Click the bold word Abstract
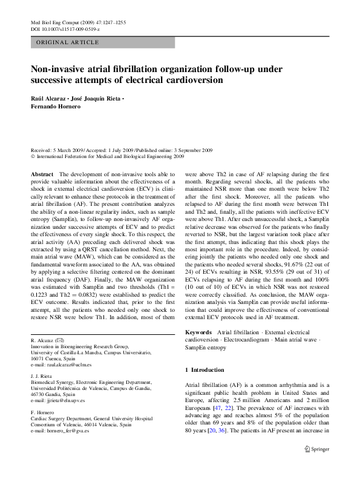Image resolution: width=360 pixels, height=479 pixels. click(x=41, y=173)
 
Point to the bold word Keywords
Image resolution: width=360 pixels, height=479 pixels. click(x=198, y=332)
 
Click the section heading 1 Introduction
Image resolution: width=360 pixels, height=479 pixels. click(x=204, y=369)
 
